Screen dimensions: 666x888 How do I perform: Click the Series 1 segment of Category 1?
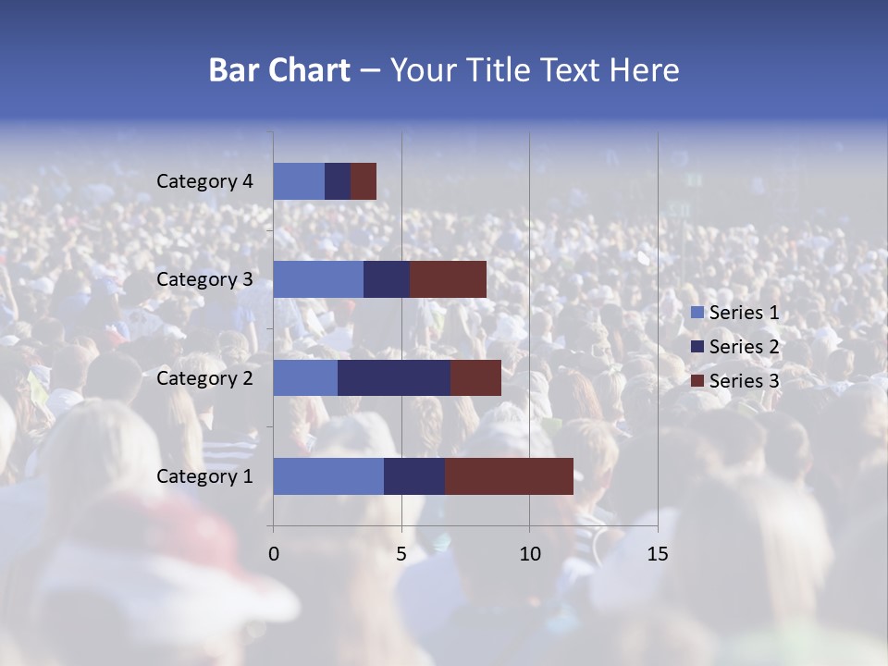(x=328, y=476)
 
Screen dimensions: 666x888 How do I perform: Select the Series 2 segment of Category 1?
(x=414, y=476)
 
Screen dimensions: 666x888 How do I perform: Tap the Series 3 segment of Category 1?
(x=509, y=476)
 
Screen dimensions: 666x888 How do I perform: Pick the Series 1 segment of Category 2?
(x=305, y=377)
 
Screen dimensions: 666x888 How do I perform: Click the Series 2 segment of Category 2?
(x=394, y=377)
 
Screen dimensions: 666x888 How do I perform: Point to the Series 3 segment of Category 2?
(x=475, y=377)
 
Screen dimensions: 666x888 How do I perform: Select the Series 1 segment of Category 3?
(x=318, y=279)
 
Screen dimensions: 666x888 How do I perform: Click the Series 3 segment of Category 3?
(x=448, y=279)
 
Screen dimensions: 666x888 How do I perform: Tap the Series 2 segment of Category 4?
(x=338, y=181)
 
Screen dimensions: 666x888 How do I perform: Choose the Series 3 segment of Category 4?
(x=364, y=181)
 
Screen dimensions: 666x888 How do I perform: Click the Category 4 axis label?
(x=204, y=181)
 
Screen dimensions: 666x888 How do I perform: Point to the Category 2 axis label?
(x=204, y=377)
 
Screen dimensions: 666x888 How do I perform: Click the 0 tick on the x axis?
(x=274, y=554)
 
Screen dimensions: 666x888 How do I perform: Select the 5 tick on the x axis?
(x=401, y=554)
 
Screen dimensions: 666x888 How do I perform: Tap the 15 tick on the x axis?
(x=657, y=554)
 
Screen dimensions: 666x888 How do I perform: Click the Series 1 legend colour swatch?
(x=697, y=313)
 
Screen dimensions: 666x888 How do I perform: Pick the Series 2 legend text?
(x=744, y=347)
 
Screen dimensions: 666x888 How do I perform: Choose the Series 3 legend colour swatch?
(x=697, y=381)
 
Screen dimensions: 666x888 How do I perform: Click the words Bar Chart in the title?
(x=278, y=70)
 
